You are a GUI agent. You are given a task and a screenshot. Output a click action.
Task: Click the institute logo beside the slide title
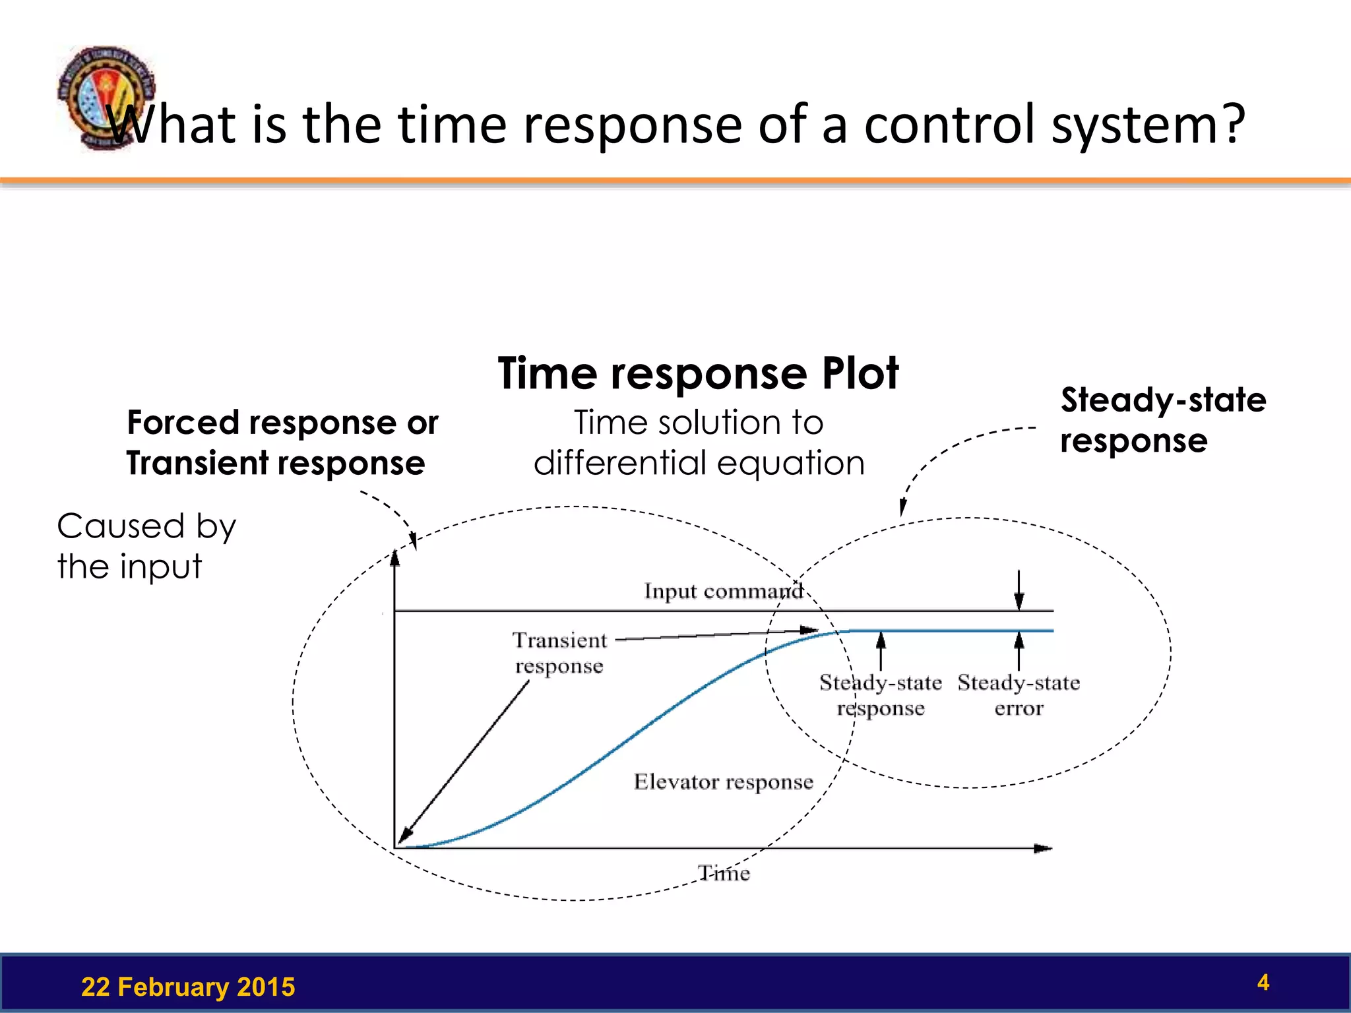pyautogui.click(x=106, y=98)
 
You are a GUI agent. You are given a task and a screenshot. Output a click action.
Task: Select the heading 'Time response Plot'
pyautogui.click(x=698, y=374)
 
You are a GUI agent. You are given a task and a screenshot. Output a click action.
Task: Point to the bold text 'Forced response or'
pyautogui.click(x=282, y=423)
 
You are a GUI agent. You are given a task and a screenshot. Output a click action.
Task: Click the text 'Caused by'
pyautogui.click(x=146, y=526)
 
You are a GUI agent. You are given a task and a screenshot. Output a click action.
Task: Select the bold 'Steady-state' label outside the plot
pyautogui.click(x=1163, y=400)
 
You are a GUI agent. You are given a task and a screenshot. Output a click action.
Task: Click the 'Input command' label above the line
pyautogui.click(x=723, y=591)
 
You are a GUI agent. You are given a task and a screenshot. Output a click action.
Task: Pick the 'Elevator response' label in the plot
pyautogui.click(x=723, y=782)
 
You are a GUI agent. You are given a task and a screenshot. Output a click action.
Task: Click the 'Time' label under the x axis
pyautogui.click(x=724, y=874)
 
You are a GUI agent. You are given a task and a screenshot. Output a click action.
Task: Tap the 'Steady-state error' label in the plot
pyautogui.click(x=1019, y=695)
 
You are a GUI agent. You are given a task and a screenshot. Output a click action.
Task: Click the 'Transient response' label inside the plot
pyautogui.click(x=559, y=653)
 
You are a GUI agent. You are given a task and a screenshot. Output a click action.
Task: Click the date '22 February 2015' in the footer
pyautogui.click(x=188, y=987)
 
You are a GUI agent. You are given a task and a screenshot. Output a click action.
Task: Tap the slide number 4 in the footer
pyautogui.click(x=1263, y=983)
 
